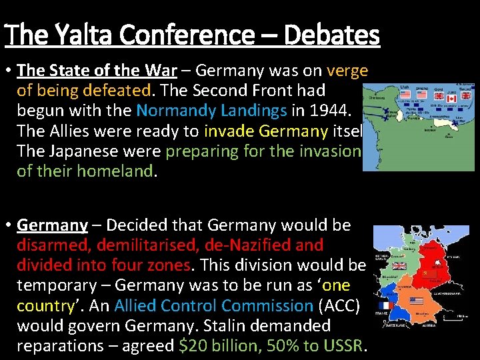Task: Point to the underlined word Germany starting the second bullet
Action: click(52, 225)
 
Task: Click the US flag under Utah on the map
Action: click(405, 95)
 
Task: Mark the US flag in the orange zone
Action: click(417, 301)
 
